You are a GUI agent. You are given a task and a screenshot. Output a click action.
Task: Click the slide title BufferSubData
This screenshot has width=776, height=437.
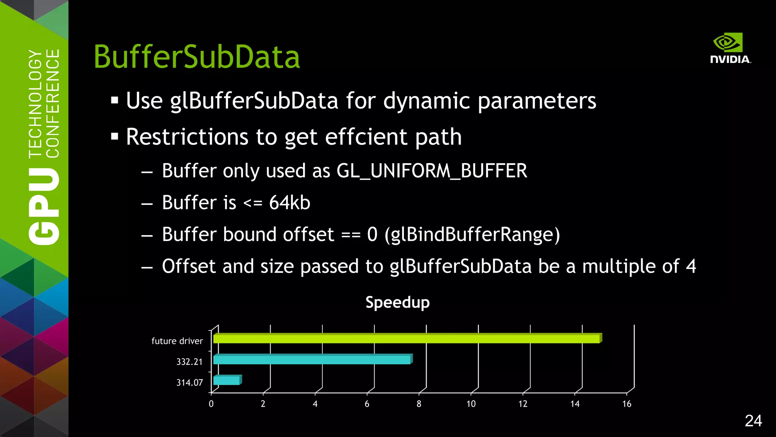click(x=197, y=57)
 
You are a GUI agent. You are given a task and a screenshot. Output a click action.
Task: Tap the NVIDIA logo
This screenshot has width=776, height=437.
click(x=730, y=49)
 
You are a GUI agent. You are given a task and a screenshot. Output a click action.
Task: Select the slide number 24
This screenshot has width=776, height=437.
click(x=753, y=421)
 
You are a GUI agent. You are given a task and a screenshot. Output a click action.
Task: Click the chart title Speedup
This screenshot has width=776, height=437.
click(x=397, y=302)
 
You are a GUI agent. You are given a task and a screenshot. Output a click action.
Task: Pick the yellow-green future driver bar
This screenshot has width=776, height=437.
click(x=406, y=338)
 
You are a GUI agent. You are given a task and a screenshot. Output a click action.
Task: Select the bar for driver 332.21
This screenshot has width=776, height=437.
click(x=312, y=359)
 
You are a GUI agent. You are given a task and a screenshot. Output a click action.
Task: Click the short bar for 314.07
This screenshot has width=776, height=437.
click(x=227, y=380)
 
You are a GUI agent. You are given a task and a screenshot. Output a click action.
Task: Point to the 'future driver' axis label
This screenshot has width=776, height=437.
click(x=177, y=341)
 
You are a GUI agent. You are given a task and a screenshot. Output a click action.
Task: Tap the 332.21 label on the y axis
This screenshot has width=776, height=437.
click(x=189, y=362)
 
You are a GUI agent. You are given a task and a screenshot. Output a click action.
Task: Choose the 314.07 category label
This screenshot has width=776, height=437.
click(x=189, y=383)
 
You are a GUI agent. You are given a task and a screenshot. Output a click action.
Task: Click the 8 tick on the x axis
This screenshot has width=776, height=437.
click(x=419, y=404)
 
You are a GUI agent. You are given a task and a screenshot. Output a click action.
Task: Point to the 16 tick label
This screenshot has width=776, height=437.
click(x=626, y=404)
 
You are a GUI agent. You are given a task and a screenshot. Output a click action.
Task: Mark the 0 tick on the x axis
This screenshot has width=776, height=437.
click(x=211, y=404)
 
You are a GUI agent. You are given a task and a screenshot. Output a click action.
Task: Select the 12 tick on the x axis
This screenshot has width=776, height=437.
click(x=523, y=404)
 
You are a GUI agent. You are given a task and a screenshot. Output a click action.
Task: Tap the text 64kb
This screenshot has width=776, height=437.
click(x=289, y=203)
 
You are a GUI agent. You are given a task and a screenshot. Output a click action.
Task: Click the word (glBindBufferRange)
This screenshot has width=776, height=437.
click(x=472, y=235)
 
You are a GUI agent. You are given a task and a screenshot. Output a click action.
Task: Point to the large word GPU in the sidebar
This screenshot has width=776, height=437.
click(x=44, y=206)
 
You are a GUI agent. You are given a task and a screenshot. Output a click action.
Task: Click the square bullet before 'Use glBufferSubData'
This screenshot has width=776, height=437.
click(x=114, y=101)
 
